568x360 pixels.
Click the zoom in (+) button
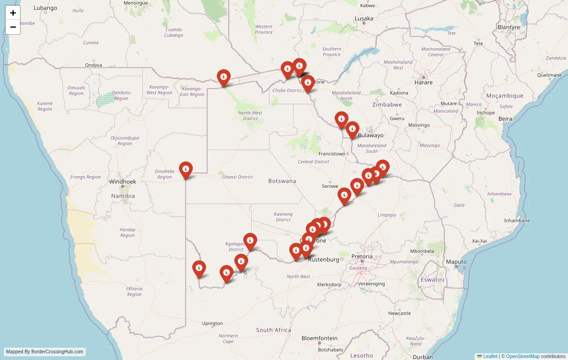(13, 13)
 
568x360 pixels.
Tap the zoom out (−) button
(13, 27)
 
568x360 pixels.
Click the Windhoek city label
(123, 181)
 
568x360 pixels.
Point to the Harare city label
(423, 82)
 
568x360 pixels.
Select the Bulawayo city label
(371, 135)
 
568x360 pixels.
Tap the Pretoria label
(362, 256)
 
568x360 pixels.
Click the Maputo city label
(457, 262)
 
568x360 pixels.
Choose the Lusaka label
(364, 19)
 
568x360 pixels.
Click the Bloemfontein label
(319, 338)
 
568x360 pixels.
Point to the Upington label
(212, 324)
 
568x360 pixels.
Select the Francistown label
(332, 154)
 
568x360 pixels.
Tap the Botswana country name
(282, 181)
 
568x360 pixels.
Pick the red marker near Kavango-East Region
(223, 78)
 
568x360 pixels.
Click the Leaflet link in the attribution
(490, 356)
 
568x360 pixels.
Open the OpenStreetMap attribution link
(523, 356)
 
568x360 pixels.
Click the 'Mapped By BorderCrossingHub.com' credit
(45, 352)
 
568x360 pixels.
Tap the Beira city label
(505, 119)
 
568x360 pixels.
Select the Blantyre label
(509, 27)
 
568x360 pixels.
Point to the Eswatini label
(433, 280)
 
